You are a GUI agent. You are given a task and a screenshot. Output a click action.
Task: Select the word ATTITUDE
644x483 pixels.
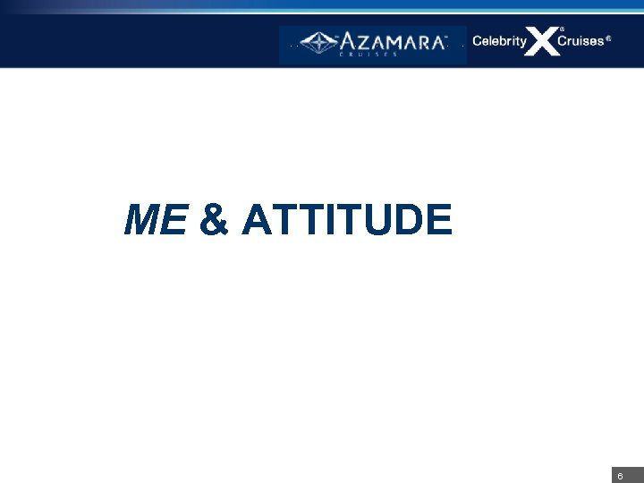[346, 220]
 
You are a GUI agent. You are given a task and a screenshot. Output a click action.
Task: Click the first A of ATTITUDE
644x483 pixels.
[258, 220]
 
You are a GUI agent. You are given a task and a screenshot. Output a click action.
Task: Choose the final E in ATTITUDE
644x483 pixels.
[438, 220]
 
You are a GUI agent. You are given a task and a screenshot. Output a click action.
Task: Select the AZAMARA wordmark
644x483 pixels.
[391, 41]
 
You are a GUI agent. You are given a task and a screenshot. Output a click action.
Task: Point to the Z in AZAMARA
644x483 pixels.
[360, 41]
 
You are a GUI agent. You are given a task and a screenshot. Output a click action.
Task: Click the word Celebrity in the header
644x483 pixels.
[499, 41]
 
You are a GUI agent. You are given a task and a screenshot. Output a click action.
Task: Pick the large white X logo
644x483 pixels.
[542, 41]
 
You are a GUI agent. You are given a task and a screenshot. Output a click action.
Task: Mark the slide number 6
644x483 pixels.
[620, 475]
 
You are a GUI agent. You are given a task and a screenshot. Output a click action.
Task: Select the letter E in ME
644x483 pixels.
[174, 220]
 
